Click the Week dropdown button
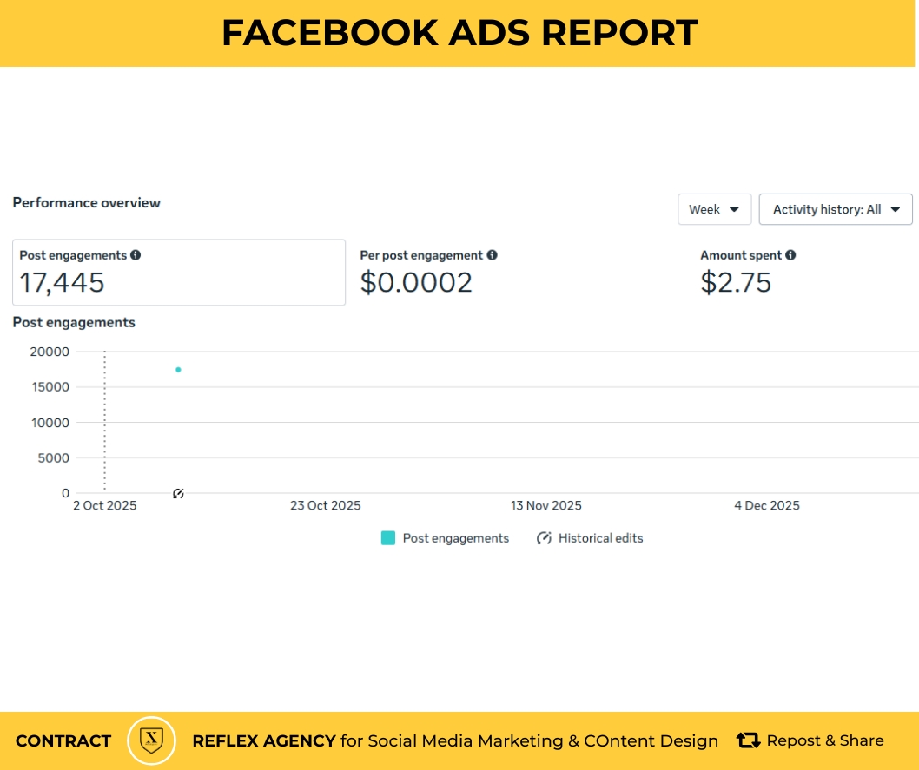pyautogui.click(x=714, y=209)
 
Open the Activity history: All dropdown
pyautogui.click(x=835, y=209)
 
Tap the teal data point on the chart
pyautogui.click(x=178, y=370)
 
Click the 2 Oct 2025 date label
pyautogui.click(x=104, y=506)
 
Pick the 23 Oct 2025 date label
pyautogui.click(x=325, y=506)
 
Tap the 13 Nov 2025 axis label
pyautogui.click(x=545, y=506)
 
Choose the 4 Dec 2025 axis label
pyautogui.click(x=766, y=506)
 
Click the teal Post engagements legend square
pyautogui.click(x=388, y=538)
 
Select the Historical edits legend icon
pyautogui.click(x=545, y=538)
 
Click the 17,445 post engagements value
pyautogui.click(x=62, y=283)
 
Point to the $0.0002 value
pyautogui.click(x=416, y=283)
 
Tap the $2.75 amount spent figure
pyautogui.click(x=736, y=283)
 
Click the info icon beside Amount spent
pyautogui.click(x=790, y=255)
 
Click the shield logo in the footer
pyautogui.click(x=151, y=740)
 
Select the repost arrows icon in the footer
pyautogui.click(x=748, y=740)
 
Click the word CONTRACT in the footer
pyautogui.click(x=63, y=741)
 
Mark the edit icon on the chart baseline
pyautogui.click(x=178, y=494)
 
